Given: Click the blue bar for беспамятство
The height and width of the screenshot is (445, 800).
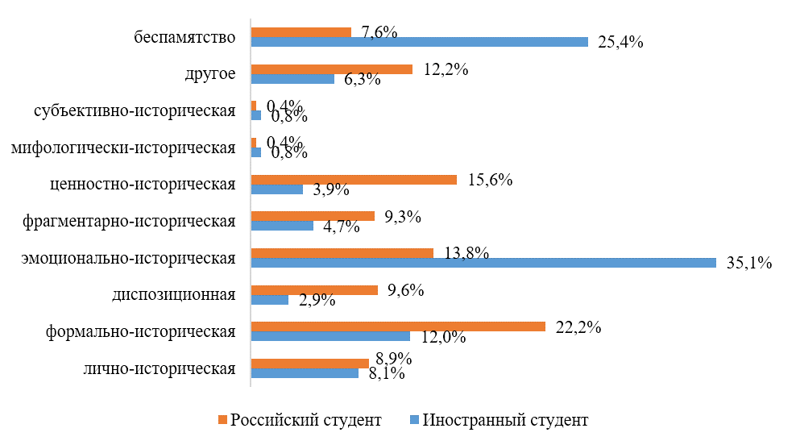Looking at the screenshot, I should tap(419, 42).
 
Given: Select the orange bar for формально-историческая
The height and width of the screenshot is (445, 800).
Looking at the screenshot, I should tap(398, 326).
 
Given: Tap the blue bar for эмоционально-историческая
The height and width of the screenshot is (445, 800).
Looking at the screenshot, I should tap(483, 263).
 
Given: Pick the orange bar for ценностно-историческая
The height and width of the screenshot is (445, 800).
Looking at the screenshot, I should tap(354, 180).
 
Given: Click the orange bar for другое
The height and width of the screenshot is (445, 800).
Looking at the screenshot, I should tap(331, 69).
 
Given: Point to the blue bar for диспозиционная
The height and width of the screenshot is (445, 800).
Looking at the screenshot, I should tap(270, 300).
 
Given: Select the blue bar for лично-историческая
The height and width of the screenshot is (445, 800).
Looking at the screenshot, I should tap(305, 373).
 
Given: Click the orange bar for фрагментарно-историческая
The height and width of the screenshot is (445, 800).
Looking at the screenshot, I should tap(313, 216).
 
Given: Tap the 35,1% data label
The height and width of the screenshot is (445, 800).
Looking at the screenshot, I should tap(750, 263).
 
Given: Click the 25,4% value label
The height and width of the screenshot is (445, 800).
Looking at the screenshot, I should tap(620, 42).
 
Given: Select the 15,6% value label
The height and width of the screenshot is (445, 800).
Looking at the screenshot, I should tap(490, 180).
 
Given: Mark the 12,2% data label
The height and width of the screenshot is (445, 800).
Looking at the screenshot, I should tap(446, 69).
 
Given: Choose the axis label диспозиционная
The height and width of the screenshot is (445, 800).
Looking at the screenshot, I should tap(174, 294).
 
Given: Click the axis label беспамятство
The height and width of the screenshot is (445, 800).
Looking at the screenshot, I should tap(185, 37).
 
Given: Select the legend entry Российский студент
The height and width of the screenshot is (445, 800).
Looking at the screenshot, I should tap(305, 420).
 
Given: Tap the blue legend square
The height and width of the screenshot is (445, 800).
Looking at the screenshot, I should tap(415, 420).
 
